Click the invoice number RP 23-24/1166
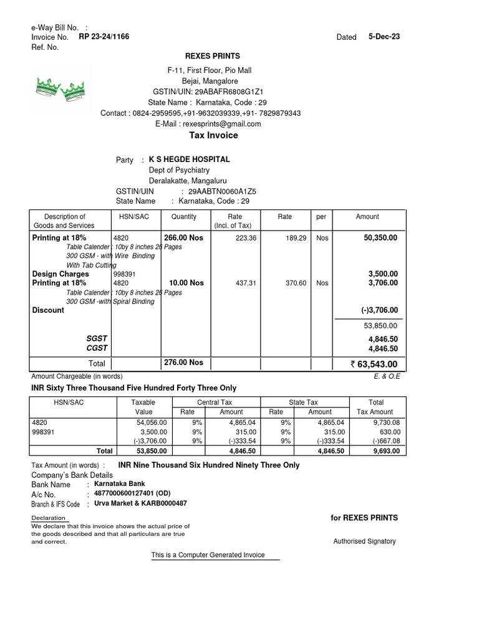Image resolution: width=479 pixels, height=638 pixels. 104,37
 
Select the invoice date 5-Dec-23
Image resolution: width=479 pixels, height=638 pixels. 384,37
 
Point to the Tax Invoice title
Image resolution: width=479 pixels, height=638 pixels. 214,135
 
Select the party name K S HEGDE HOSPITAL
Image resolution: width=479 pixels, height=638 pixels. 189,159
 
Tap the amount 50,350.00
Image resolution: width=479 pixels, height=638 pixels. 376,238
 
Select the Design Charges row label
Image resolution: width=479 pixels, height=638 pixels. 60,274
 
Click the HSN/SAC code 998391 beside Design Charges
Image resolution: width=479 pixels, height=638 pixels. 125,274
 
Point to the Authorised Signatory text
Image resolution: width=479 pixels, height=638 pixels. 364,541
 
